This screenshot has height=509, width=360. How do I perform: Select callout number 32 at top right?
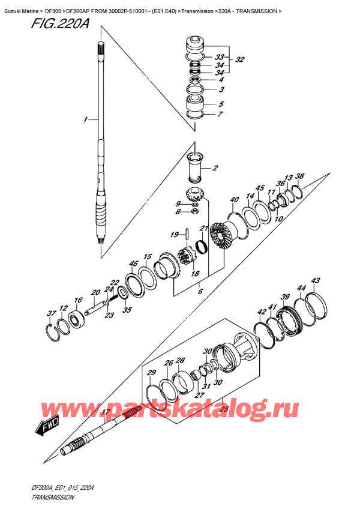(x=240, y=60)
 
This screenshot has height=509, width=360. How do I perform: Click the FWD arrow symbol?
(x=46, y=427)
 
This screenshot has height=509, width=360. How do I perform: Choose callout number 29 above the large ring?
(x=151, y=373)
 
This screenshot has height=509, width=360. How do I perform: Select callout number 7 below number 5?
(x=221, y=114)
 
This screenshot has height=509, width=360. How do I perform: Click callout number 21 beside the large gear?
(x=203, y=228)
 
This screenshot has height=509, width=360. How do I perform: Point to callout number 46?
(x=133, y=264)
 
